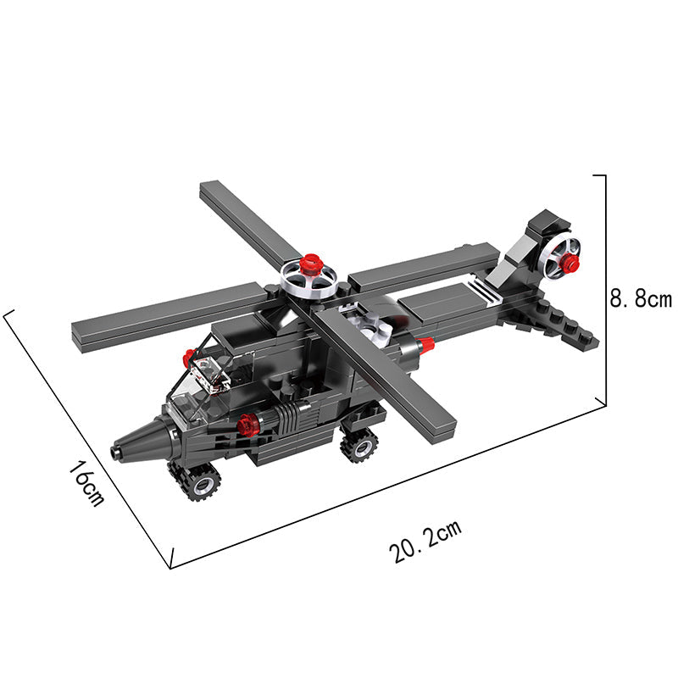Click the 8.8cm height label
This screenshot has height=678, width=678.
coord(641,299)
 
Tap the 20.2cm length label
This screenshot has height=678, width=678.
coord(426,541)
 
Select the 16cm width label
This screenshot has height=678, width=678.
coord(86,483)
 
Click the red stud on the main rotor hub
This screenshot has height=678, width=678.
coord(311,264)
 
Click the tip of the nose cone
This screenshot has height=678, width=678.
coord(115,452)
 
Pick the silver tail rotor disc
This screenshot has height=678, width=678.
coord(558,258)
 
